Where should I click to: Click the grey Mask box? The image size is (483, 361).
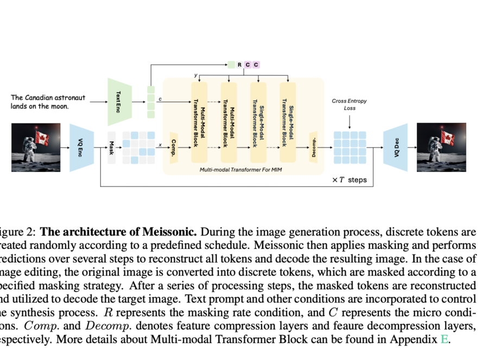[x=112, y=147]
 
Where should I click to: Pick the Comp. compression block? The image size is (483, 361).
[x=174, y=147]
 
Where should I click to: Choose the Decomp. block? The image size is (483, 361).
[x=313, y=147]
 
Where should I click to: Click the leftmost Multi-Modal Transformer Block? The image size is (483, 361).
[x=199, y=122]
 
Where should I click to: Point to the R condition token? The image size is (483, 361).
[x=239, y=65]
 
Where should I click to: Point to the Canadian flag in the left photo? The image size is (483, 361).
[x=42, y=138]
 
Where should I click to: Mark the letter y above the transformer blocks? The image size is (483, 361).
[x=195, y=74]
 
